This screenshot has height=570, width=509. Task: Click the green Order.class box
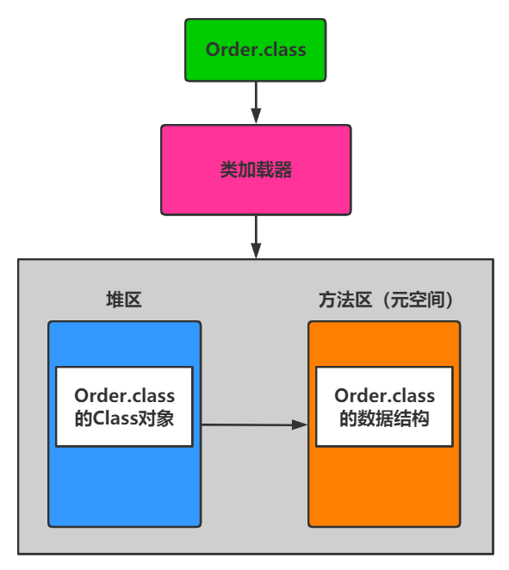256,50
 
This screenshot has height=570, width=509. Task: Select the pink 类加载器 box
256,170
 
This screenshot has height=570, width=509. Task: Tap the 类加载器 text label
256,170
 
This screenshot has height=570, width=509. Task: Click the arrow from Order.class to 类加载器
256,102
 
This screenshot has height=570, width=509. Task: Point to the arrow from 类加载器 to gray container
256,237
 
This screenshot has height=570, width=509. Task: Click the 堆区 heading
124,300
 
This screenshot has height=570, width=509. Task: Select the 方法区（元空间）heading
387,300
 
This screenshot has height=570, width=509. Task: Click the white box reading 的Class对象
124,406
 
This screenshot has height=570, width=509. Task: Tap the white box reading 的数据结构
384,406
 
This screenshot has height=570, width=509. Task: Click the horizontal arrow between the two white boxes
255,424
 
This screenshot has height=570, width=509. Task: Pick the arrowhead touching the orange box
300,424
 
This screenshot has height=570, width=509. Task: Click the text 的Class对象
124,418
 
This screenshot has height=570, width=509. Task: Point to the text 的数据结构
384,418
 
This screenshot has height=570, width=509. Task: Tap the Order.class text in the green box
256,49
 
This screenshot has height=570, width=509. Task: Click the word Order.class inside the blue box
124,395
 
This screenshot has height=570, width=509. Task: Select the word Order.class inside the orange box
384,395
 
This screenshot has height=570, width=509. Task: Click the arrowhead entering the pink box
256,116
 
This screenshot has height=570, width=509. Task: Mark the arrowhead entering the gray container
256,251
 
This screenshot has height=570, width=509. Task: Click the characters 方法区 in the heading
345,300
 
